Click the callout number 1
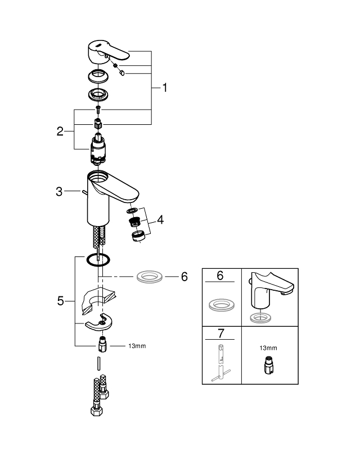(165, 88)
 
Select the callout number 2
(60, 132)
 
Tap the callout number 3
(59, 192)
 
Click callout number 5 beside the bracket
(61, 301)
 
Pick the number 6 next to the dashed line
(184, 278)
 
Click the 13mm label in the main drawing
(137, 346)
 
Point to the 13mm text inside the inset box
(267, 349)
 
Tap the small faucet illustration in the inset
(269, 292)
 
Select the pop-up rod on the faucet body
(84, 192)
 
